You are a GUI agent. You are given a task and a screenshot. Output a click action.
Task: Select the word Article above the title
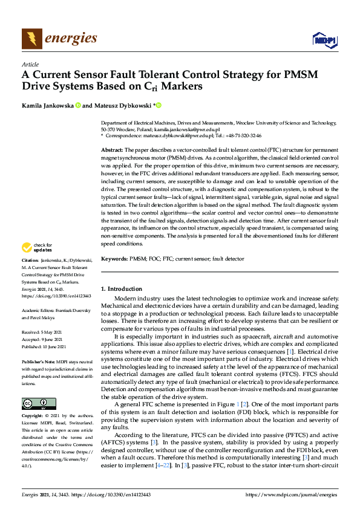30,63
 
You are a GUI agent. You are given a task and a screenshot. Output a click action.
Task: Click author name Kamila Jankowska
48,106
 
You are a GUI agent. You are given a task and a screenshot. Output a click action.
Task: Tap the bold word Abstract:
111,149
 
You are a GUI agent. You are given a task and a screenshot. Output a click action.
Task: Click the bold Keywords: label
114,259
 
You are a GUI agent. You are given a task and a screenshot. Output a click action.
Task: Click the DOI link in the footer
113,494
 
